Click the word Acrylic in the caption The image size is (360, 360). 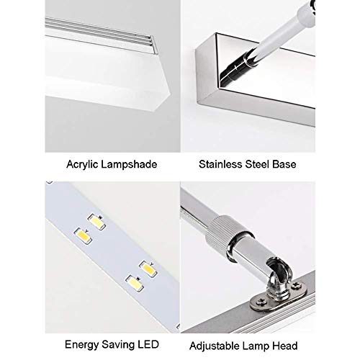pos(82,165)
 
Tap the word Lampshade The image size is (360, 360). pos(129,165)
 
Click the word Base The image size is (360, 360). pos(284,164)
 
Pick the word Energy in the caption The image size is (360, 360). pos(82,345)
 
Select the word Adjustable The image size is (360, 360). pos(215,346)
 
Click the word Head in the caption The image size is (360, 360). pos(285,346)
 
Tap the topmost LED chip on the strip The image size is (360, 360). pos(96,222)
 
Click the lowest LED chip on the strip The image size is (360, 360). pos(135,283)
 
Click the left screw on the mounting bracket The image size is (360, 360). pos(260,301)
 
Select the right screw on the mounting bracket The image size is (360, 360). pos(296,285)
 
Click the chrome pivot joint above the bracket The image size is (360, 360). pos(279,279)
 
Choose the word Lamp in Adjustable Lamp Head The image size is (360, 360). pos(256,346)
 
